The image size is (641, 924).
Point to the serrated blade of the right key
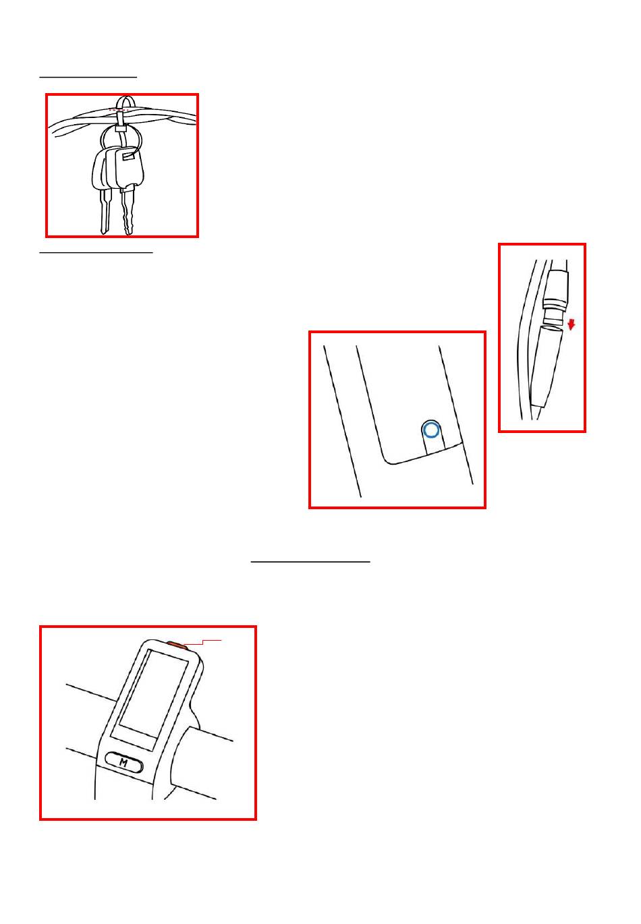point(128,211)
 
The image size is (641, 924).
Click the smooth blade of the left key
point(106,211)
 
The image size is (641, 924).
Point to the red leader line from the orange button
point(202,642)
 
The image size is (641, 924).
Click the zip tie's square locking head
point(120,128)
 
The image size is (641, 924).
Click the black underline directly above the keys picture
point(88,77)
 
